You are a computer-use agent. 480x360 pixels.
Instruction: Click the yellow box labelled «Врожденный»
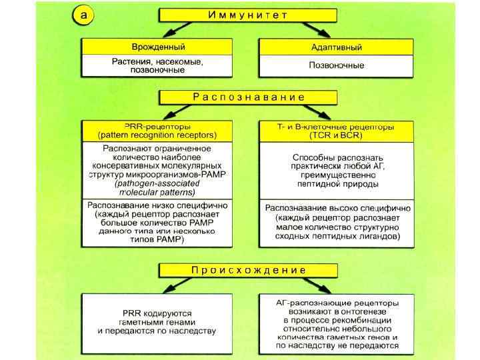(157, 47)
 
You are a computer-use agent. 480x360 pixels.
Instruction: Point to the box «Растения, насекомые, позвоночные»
(157, 65)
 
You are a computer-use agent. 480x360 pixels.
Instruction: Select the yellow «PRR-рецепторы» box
(157, 130)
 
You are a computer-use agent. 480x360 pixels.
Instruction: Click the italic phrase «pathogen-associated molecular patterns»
(157, 186)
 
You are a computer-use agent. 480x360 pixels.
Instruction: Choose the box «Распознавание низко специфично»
(157, 222)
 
